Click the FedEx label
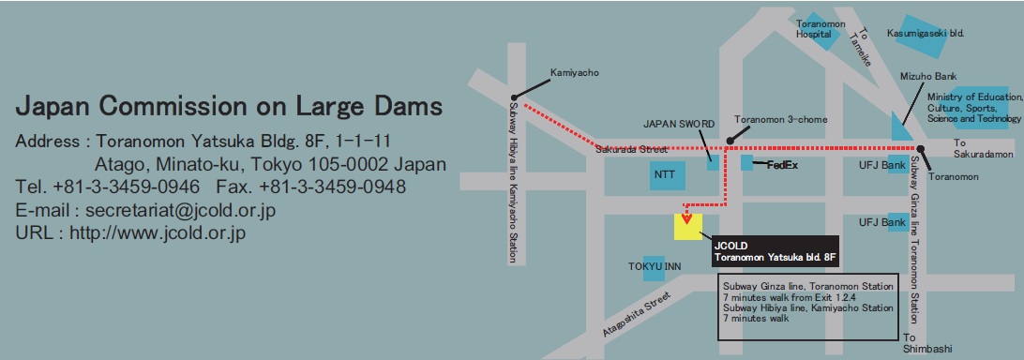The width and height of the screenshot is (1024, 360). coord(781,165)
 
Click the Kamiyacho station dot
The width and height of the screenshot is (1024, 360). coord(513,97)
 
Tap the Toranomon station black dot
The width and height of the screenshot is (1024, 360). coord(920,149)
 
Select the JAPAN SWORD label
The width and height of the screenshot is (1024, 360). coord(679,123)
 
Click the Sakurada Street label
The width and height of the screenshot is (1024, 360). coord(630,149)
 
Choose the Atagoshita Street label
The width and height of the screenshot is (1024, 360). coord(638,313)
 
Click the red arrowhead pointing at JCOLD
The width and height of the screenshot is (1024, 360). coord(688,221)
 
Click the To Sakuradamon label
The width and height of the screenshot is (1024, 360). coord(979,148)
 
